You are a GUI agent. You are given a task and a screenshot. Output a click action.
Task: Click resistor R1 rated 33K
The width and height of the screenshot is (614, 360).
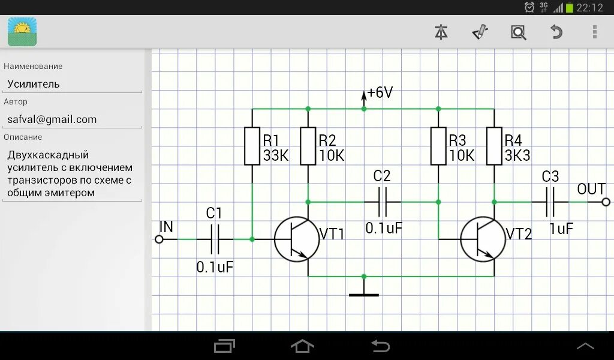252,146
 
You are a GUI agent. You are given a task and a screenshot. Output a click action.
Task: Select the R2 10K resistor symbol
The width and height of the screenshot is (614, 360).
308,146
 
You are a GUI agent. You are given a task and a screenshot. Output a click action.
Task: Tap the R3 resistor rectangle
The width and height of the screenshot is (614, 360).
438,146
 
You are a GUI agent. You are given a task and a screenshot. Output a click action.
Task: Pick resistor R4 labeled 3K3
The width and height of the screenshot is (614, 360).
494,146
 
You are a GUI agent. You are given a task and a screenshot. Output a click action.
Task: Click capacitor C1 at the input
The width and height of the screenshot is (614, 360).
215,239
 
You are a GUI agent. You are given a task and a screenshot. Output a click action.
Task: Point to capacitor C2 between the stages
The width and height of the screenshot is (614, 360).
382,202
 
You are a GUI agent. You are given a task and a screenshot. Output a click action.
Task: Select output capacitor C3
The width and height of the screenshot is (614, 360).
550,202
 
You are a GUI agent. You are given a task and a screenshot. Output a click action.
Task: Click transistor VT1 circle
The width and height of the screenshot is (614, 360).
297,239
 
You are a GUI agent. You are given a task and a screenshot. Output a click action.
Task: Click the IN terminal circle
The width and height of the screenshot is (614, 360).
159,239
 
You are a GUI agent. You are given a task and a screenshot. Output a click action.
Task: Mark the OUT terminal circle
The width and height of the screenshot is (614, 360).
606,202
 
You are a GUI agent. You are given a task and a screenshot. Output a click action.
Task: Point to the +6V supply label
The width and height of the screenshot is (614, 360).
380,92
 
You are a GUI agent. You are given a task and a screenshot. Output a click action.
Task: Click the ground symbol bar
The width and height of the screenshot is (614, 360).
364,295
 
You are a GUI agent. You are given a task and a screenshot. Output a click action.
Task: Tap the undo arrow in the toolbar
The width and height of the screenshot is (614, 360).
556,32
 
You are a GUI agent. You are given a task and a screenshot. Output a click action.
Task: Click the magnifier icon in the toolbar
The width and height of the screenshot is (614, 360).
518,32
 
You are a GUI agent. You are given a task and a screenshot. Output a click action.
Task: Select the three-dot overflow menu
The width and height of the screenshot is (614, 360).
594,32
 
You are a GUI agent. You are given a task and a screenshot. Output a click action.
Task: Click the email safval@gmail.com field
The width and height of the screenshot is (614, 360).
72,119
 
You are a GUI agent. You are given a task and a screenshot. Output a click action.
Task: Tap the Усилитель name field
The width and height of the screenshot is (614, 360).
72,84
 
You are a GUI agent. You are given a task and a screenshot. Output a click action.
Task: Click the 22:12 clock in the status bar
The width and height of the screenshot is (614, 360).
589,8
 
